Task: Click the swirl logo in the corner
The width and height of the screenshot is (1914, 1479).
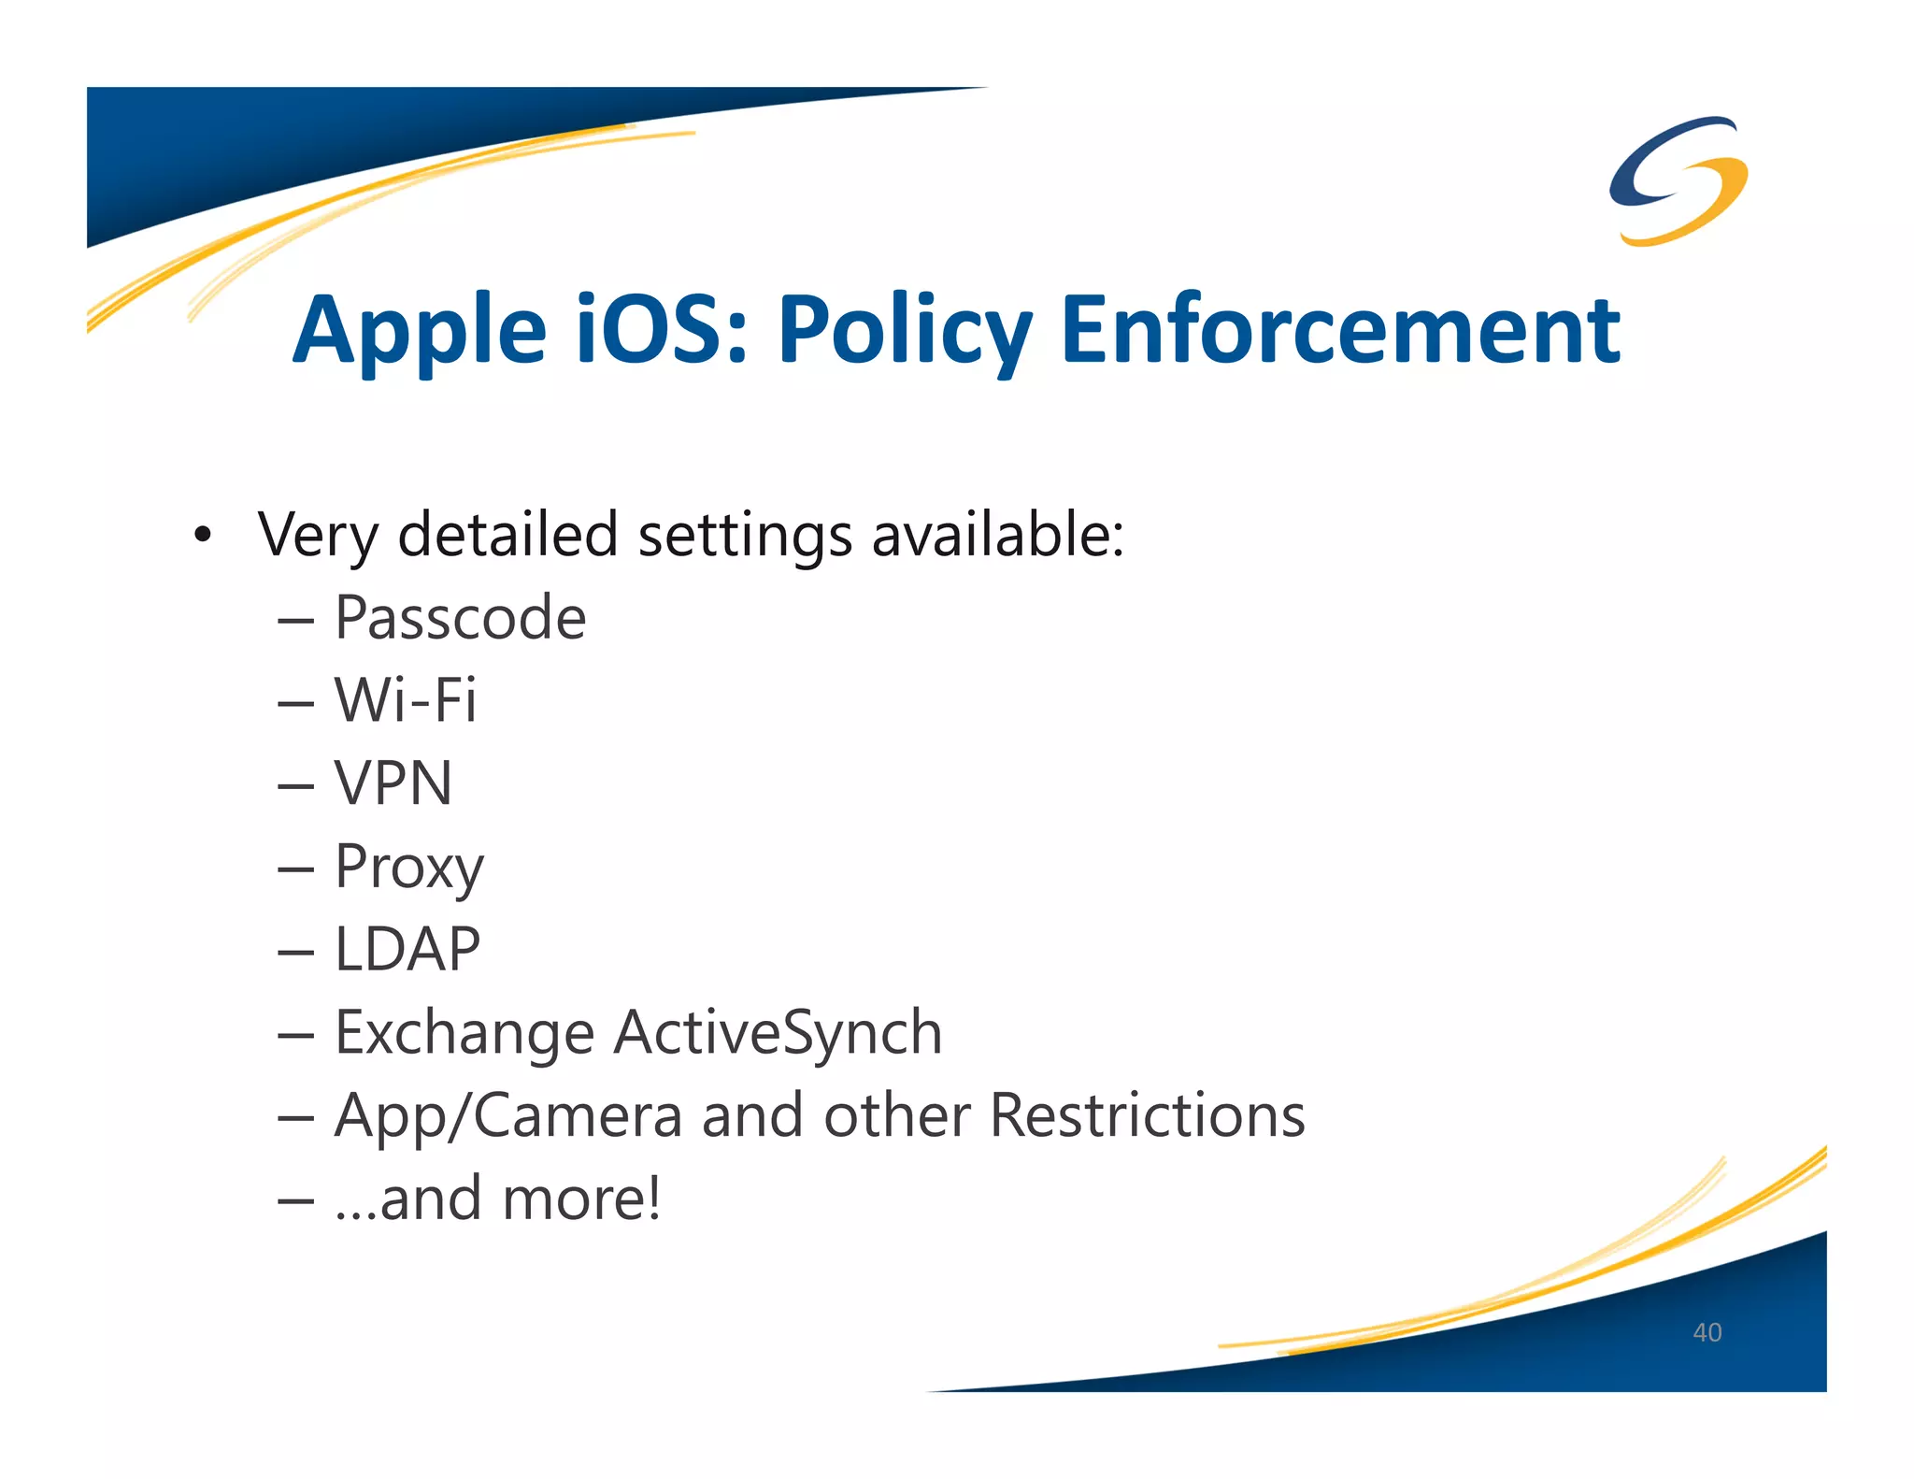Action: [x=1678, y=181]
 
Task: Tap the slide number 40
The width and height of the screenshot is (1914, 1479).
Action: [x=1707, y=1332]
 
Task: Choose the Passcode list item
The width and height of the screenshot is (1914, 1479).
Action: [x=460, y=618]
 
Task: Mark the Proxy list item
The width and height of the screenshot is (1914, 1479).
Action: [x=409, y=868]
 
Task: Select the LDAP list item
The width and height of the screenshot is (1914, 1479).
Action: [x=407, y=949]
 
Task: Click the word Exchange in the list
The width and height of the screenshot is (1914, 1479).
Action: [x=464, y=1033]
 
